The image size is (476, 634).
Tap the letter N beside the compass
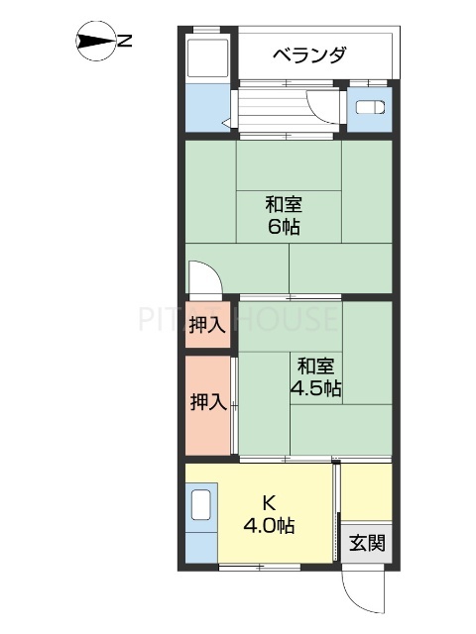[x=126, y=41]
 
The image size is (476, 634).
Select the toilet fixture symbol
[x=368, y=111]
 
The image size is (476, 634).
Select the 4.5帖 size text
[x=315, y=388]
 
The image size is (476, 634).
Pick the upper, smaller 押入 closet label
[x=208, y=324]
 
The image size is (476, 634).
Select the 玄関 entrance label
[x=367, y=543]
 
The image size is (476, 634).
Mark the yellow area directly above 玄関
[x=367, y=490]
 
